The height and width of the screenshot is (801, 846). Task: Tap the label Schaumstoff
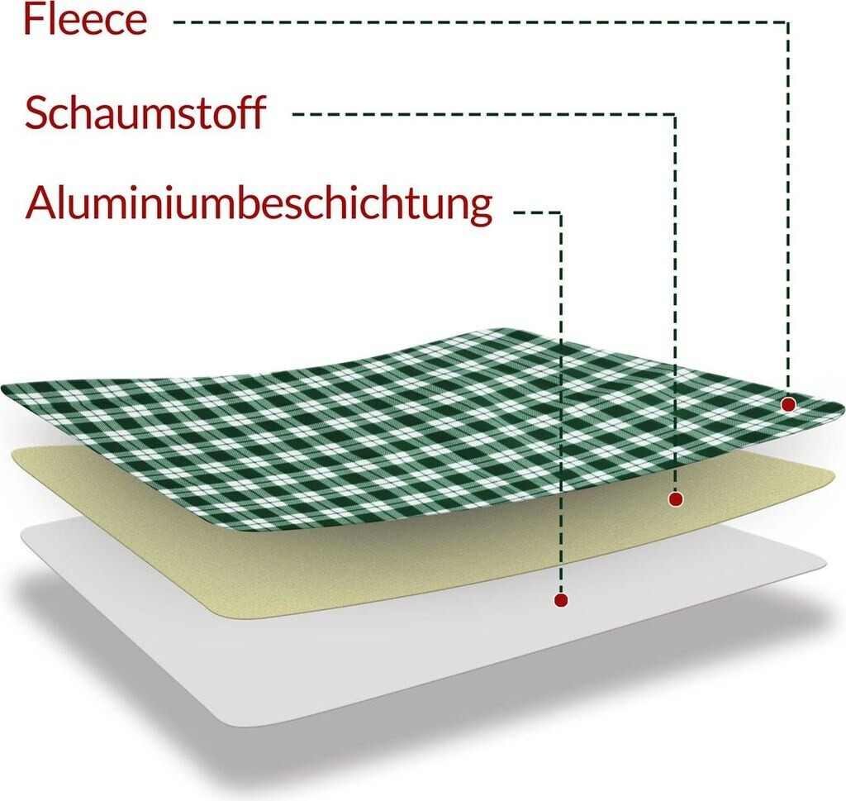145,113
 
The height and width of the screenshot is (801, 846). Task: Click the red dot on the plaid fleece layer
788,404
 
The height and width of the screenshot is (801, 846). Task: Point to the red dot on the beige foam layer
676,499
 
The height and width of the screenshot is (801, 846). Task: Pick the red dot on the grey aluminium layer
561,600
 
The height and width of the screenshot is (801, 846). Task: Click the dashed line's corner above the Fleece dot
788,22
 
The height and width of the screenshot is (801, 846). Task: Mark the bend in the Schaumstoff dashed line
676,115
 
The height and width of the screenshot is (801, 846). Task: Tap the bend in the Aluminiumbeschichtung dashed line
561,213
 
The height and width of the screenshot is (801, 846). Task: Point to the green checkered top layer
330,430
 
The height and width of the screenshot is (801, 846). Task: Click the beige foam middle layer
413,562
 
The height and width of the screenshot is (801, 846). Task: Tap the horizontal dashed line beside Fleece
479,22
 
